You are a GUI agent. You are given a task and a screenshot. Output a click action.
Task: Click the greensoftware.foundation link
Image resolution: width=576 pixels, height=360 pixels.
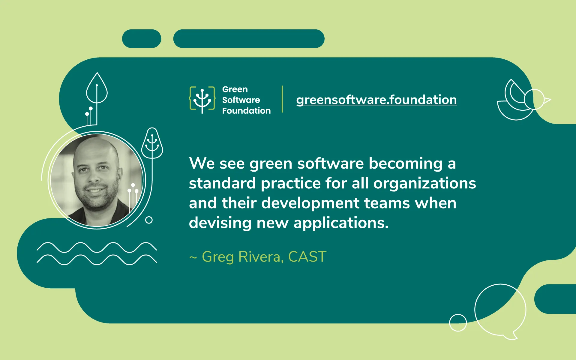coord(376,100)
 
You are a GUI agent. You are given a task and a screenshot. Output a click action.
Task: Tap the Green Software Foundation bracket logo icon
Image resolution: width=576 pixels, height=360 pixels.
coord(202,99)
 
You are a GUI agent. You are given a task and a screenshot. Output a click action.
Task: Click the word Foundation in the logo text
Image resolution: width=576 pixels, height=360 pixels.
coord(246,111)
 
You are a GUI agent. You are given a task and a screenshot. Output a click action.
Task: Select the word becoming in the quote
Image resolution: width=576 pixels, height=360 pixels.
coord(405,164)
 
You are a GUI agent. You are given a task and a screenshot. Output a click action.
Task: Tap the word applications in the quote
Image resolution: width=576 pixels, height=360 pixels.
coord(341,223)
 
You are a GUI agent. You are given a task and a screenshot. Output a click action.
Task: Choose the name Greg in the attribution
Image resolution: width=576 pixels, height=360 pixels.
coord(217,257)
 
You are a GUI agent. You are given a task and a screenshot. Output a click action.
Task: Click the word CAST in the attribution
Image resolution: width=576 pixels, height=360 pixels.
coord(307,257)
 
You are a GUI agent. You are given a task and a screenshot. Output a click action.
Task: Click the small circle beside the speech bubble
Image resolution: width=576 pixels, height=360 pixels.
coord(458,323)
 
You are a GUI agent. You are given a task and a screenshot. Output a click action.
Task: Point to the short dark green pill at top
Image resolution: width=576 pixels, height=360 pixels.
coord(142,39)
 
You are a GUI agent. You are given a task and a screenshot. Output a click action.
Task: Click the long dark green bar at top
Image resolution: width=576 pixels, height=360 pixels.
coord(249,39)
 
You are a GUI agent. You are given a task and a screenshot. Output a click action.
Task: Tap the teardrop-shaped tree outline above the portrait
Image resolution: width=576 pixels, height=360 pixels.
coord(97,88)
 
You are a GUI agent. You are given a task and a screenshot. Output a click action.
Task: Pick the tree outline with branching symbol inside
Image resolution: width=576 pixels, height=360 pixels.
coord(152,143)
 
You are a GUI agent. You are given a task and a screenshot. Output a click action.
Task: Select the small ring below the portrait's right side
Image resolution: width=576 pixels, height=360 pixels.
coord(149,220)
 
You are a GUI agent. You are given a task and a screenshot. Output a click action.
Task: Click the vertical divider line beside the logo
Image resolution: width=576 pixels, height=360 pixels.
coord(282,99)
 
